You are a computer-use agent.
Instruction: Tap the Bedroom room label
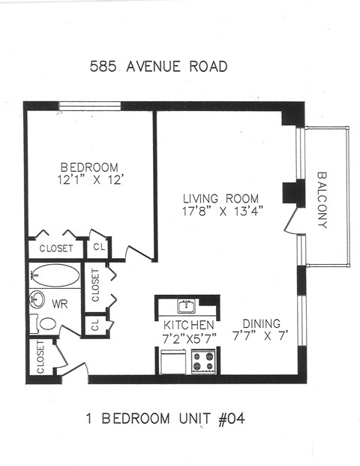pyautogui.click(x=89, y=167)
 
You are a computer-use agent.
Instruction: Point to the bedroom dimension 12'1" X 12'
pyautogui.click(x=88, y=180)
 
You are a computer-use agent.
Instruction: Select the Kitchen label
pyautogui.click(x=188, y=324)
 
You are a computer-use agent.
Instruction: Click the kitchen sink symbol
pyautogui.click(x=185, y=305)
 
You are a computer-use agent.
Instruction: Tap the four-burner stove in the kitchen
pyautogui.click(x=203, y=362)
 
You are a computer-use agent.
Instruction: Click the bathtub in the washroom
pyautogui.click(x=54, y=275)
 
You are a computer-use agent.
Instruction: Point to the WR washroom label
pyautogui.click(x=60, y=304)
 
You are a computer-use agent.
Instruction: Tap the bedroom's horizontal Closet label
pyautogui.click(x=56, y=248)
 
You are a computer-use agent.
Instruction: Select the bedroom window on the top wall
pyautogui.click(x=91, y=105)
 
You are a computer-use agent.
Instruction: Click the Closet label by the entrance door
pyautogui.click(x=39, y=357)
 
